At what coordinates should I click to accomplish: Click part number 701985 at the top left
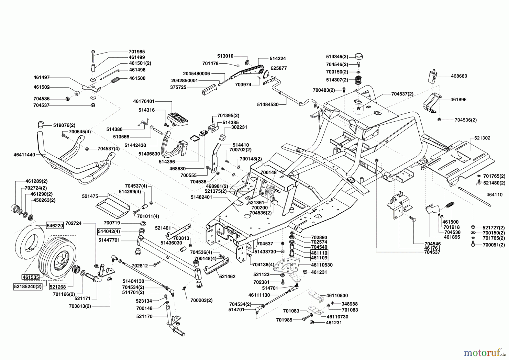pos(137,52)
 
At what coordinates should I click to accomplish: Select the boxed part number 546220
pos(55,226)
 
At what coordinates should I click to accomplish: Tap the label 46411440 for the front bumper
pos(24,155)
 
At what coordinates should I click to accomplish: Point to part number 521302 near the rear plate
pos(482,138)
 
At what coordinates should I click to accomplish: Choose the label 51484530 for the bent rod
pos(268,104)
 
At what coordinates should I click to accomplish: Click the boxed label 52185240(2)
pos(28,286)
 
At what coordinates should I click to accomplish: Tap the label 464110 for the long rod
pos(495,195)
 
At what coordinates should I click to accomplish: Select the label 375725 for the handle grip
pos(178,87)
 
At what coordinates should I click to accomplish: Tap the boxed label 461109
pos(319,258)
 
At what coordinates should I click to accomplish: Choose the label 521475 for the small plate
pos(90,196)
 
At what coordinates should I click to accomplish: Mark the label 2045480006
pos(196,73)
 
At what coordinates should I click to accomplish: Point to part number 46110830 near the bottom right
pos(337,295)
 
